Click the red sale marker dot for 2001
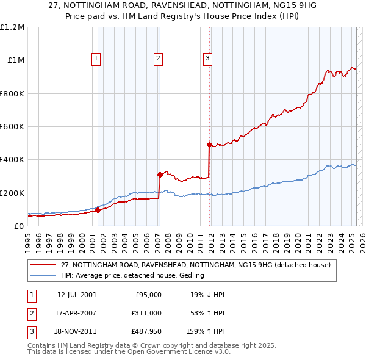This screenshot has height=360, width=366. pyautogui.click(x=98, y=211)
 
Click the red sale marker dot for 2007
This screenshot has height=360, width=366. pyautogui.click(x=160, y=175)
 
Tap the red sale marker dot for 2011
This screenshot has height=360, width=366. pyautogui.click(x=209, y=145)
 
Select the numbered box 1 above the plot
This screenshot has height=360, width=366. pyautogui.click(x=97, y=59)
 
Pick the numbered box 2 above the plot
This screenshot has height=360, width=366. pyautogui.click(x=158, y=59)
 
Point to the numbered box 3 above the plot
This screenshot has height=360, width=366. pyautogui.click(x=207, y=59)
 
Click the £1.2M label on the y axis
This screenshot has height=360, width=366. pyautogui.click(x=13, y=27)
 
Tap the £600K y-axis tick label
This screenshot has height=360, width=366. pyautogui.click(x=13, y=127)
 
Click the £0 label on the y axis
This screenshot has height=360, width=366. pyautogui.click(x=19, y=226)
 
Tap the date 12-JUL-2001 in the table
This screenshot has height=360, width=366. pyautogui.click(x=77, y=295)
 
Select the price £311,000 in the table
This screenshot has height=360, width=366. pyautogui.click(x=147, y=313)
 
